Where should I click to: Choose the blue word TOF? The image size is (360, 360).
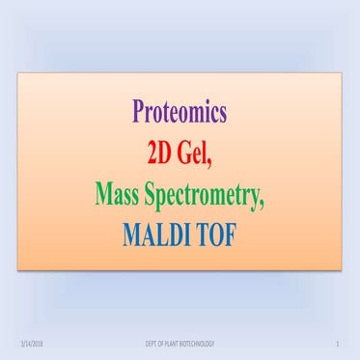pos(221,233)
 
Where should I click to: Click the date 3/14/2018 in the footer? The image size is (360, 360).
pos(30,344)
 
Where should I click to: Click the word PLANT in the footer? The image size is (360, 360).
pos(172,344)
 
